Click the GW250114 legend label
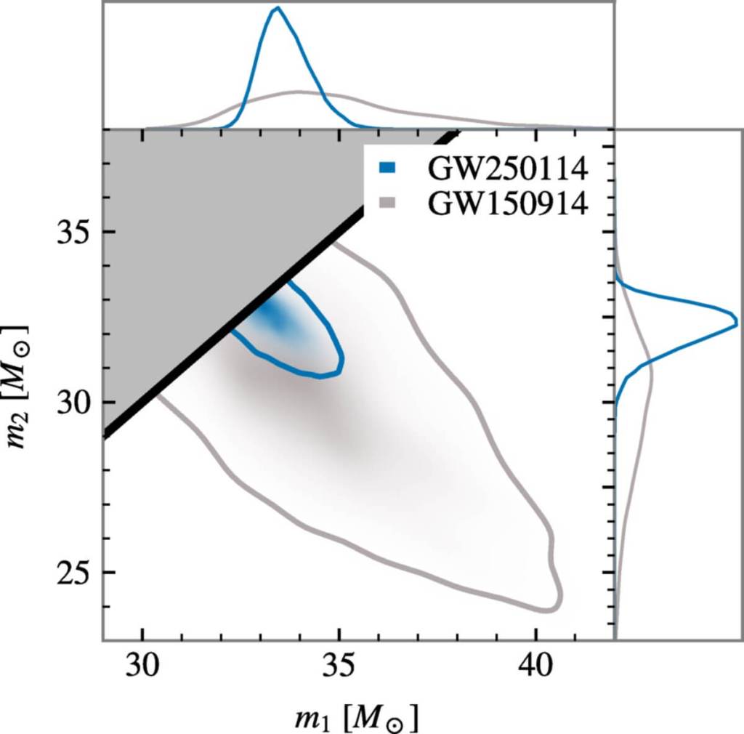point(507,168)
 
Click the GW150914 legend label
point(507,203)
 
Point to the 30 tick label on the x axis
point(142,667)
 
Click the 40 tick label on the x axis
point(535,667)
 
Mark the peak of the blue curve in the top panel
point(276,8)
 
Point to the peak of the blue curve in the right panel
point(735,321)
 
